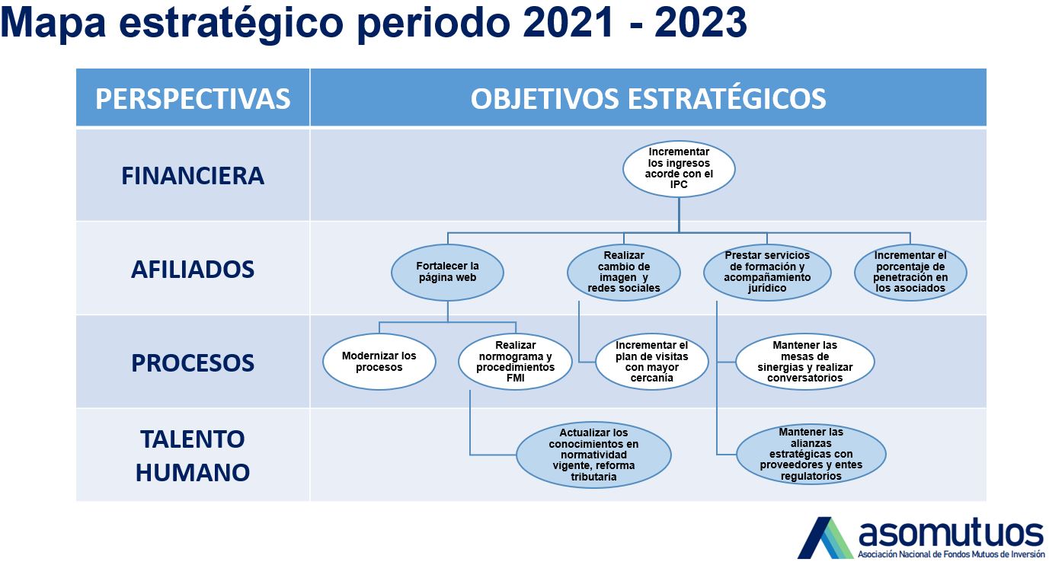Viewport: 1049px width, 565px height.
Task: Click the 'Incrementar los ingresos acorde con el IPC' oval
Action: click(679, 168)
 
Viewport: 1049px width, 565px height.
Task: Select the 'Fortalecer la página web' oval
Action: click(447, 272)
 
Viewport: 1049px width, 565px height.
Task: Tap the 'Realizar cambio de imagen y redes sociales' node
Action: click(624, 272)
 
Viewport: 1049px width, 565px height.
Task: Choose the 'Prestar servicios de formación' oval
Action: click(767, 272)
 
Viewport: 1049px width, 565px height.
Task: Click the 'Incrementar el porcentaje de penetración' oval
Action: click(910, 272)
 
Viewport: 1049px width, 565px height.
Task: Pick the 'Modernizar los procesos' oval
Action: click(379, 362)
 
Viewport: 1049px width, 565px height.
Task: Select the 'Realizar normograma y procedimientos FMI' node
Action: click(516, 362)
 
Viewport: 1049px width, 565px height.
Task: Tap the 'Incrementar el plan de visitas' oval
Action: click(652, 362)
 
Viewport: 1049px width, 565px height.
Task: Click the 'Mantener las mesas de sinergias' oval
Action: click(805, 362)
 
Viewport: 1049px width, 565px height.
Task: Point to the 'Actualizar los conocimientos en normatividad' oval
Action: click(593, 455)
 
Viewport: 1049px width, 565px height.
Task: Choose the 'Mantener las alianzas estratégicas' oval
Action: click(811, 455)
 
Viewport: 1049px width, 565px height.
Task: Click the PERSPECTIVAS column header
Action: click(193, 98)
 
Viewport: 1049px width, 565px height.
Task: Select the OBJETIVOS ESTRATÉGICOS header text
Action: click(648, 98)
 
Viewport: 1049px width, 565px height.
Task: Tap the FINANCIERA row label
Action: click(193, 175)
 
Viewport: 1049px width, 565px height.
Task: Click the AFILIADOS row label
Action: click(193, 269)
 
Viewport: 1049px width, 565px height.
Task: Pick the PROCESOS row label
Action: click(193, 362)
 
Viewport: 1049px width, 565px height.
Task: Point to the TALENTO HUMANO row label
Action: click(193, 455)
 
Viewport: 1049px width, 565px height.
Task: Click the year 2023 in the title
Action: click(700, 24)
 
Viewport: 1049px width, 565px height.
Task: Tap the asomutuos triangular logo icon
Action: click(825, 538)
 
